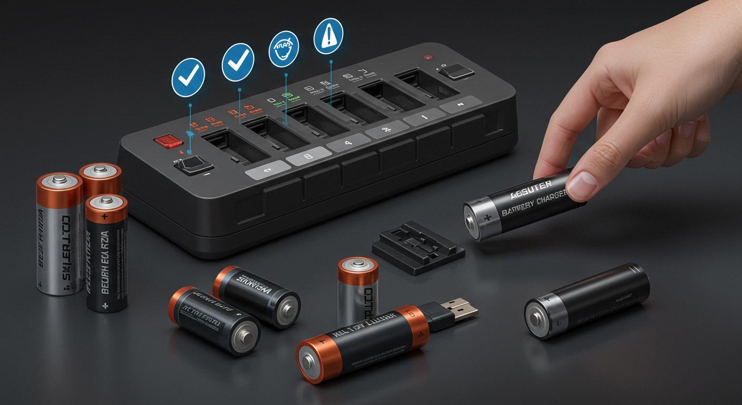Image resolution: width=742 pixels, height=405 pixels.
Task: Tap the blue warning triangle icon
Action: click(328, 37)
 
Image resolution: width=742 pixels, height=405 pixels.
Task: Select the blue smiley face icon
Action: click(284, 49)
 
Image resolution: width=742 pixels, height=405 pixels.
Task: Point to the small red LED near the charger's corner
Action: click(427, 57)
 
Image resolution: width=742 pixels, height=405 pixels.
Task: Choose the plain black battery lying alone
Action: click(587, 300)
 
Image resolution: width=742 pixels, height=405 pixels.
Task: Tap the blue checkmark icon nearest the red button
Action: click(188, 78)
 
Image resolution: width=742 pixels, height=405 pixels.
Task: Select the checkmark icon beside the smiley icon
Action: click(238, 62)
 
